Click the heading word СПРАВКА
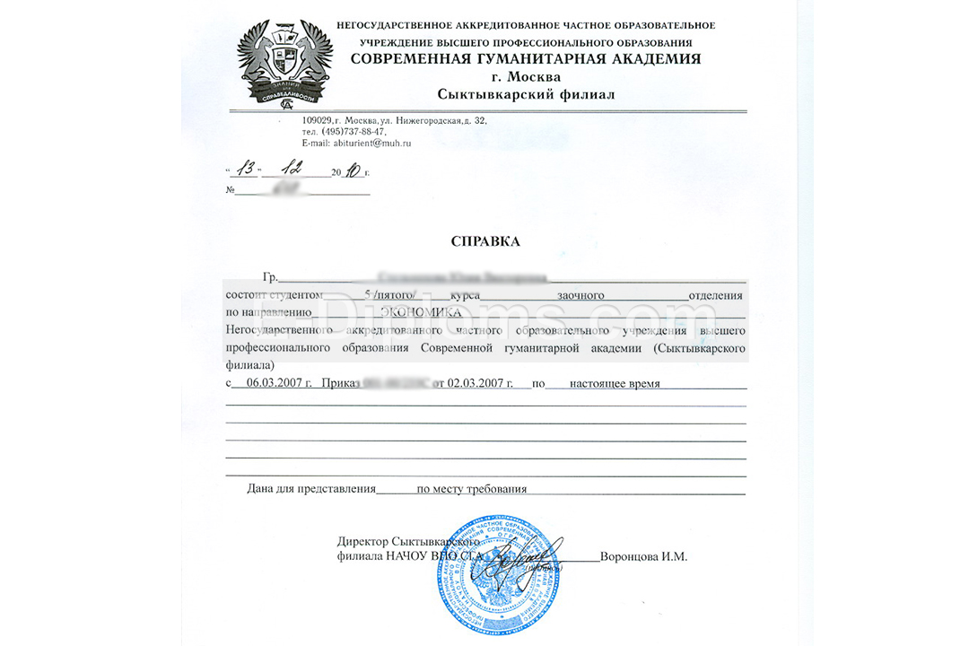click(x=485, y=241)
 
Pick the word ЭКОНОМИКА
click(x=422, y=312)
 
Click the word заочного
click(x=581, y=294)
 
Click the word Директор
click(x=363, y=541)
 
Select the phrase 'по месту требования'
click(x=471, y=489)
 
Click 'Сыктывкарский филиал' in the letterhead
click(x=526, y=94)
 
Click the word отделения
click(x=715, y=294)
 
